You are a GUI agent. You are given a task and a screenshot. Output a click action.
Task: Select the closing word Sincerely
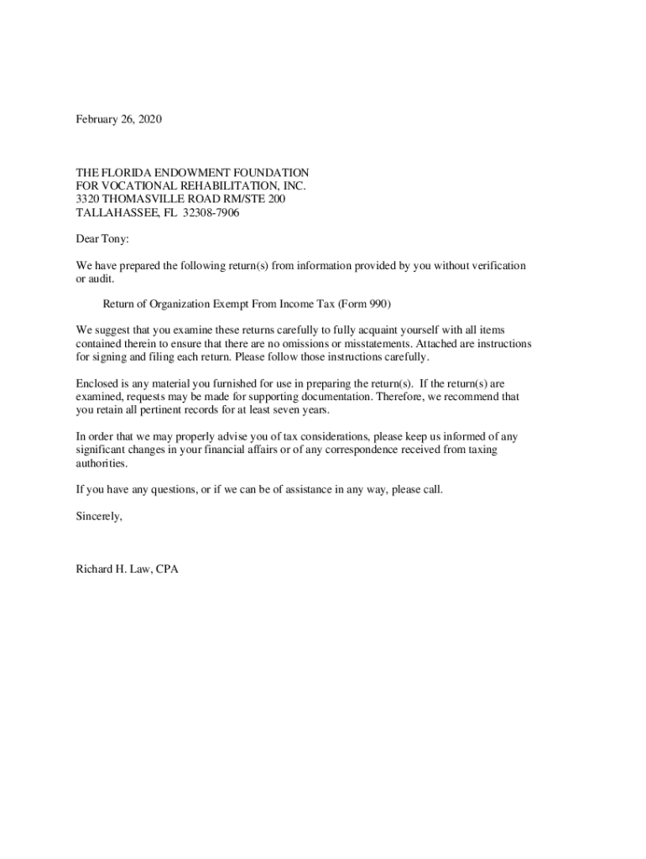pyautogui.click(x=99, y=516)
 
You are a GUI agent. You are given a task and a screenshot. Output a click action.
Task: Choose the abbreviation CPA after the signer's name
pyautogui.click(x=167, y=569)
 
